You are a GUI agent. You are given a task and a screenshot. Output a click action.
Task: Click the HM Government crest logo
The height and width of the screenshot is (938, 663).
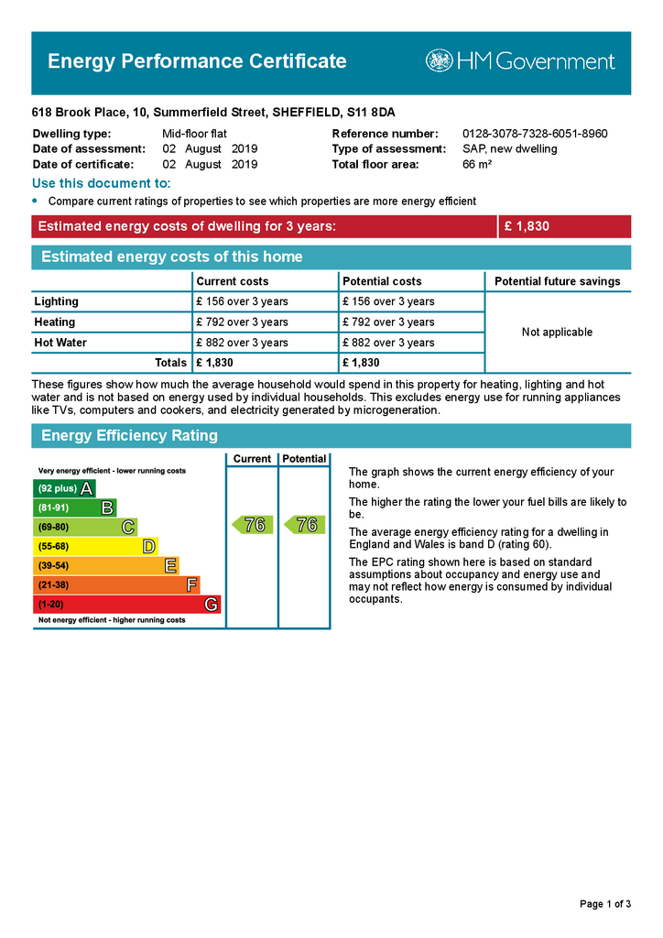tap(439, 61)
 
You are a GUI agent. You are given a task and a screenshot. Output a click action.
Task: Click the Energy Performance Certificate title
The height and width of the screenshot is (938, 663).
tap(197, 61)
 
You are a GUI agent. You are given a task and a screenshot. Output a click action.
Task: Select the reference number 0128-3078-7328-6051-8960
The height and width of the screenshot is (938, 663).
tap(535, 134)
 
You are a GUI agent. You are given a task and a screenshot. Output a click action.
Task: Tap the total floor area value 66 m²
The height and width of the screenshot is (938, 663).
tap(477, 165)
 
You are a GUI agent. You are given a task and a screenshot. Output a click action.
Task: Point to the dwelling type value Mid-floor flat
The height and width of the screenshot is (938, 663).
tap(195, 134)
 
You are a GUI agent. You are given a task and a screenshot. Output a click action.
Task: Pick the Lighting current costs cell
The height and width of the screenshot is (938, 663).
tap(242, 301)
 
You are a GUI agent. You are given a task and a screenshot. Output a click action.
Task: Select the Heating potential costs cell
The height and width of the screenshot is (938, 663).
tap(388, 322)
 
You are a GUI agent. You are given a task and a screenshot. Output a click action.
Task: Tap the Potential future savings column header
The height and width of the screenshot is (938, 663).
tap(557, 281)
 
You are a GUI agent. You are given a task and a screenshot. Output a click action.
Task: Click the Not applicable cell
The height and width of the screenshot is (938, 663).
tap(557, 332)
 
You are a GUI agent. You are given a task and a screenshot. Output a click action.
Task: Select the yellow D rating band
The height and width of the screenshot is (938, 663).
tap(95, 546)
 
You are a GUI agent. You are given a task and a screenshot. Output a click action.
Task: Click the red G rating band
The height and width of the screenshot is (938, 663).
tap(126, 605)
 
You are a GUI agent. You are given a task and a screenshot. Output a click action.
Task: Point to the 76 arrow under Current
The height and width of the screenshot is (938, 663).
tap(251, 525)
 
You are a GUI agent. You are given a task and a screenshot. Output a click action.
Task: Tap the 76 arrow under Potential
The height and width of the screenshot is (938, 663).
tap(303, 525)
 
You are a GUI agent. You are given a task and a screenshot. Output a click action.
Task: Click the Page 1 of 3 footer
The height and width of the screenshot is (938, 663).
tap(605, 904)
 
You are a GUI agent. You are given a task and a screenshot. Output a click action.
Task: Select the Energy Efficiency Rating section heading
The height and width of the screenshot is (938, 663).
tap(129, 436)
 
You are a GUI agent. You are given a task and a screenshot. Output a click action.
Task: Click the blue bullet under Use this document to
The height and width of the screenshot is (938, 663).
tap(36, 200)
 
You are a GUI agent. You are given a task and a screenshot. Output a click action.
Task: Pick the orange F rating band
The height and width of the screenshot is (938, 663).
tap(116, 584)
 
